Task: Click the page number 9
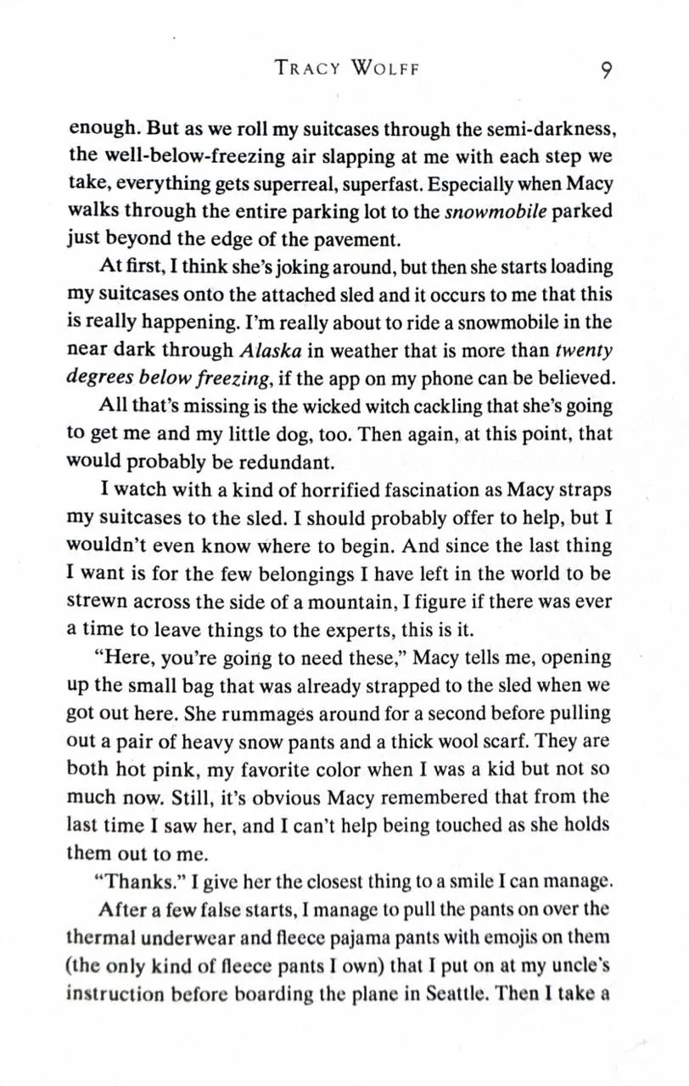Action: click(606, 70)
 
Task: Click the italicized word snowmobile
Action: click(496, 211)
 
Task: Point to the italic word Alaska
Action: click(267, 350)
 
